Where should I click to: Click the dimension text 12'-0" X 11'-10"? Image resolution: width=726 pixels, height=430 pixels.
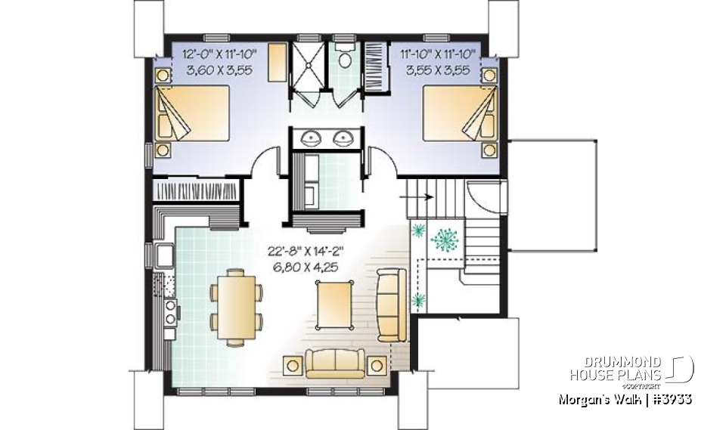pos(220,54)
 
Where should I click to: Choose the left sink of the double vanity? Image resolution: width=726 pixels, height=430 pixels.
pos(312,138)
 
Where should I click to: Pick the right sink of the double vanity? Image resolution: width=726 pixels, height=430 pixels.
pos(344,138)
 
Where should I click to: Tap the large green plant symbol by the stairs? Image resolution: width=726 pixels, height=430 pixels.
pos(445,241)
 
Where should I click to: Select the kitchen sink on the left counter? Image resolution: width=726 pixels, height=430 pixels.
pos(164,255)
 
